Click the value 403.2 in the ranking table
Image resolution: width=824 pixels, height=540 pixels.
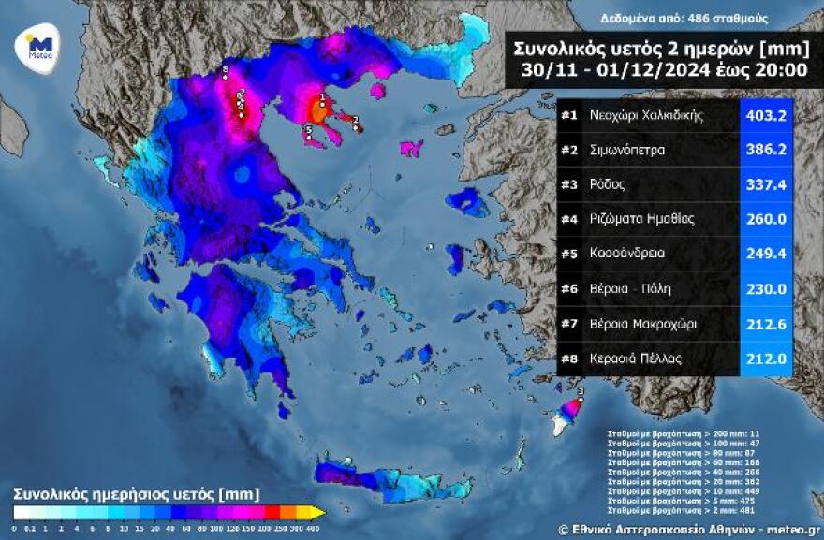(765, 116)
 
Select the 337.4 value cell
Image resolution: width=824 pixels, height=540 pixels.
(765, 185)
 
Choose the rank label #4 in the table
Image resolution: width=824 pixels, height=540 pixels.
(569, 220)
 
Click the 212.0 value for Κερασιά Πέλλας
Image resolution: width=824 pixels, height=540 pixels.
(765, 358)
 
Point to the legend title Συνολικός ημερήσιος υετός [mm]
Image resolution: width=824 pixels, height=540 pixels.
(137, 493)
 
